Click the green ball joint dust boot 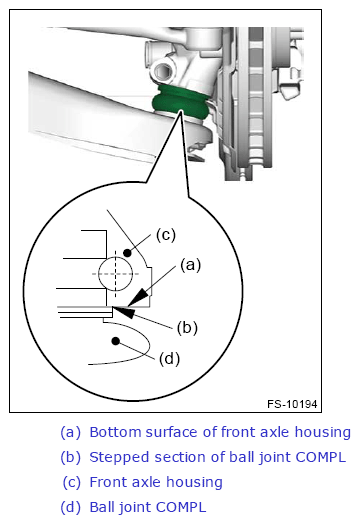pyautogui.click(x=182, y=102)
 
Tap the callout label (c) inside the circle pyautogui.click(x=165, y=235)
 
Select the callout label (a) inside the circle pyautogui.click(x=190, y=265)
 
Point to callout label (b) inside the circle pyautogui.click(x=187, y=328)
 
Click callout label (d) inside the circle pyautogui.click(x=169, y=359)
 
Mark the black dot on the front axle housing pyautogui.click(x=127, y=253)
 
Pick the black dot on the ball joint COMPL pyautogui.click(x=116, y=341)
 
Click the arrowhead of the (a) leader pyautogui.click(x=137, y=297)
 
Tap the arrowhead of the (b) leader pyautogui.click(x=123, y=311)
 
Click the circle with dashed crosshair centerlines pyautogui.click(x=116, y=257)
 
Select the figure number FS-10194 pyautogui.click(x=292, y=404)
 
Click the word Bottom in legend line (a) pyautogui.click(x=115, y=432)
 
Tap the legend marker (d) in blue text pyautogui.click(x=71, y=507)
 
